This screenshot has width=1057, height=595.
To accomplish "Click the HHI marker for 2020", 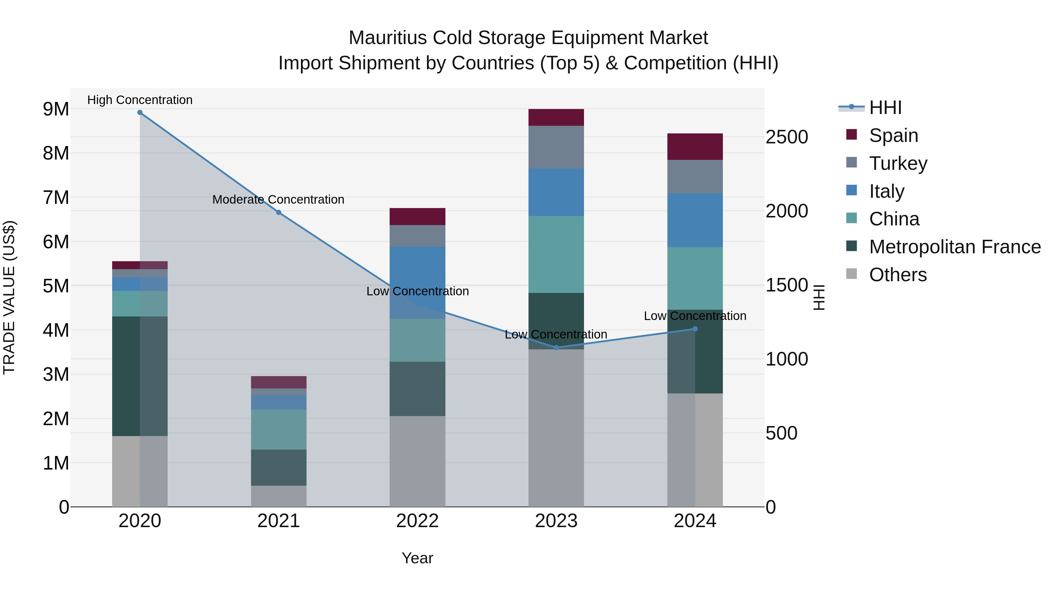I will coord(140,113).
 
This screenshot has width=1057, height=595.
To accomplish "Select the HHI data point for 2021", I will coord(279,212).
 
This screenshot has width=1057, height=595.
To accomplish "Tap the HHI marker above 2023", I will coord(556,348).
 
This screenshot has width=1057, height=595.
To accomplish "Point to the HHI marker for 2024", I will coord(695,329).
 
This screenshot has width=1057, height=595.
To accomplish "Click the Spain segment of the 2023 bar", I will coord(556,118).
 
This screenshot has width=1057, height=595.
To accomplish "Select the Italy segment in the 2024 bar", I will coord(695,220).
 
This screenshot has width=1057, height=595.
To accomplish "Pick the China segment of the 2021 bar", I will coord(279,430).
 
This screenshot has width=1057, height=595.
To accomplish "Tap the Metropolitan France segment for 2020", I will coord(140,376).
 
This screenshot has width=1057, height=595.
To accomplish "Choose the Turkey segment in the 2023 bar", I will coord(556,147).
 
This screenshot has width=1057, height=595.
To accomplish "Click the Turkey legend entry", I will coord(898,163).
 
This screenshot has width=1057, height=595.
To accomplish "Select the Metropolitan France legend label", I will coord(955,247).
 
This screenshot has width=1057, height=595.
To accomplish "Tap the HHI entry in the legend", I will coord(885,108).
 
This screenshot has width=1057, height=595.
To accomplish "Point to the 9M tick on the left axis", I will coord(56,109).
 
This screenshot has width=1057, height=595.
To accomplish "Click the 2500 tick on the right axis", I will coord(787,137).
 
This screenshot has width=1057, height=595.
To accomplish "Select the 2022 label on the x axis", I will coord(417,521).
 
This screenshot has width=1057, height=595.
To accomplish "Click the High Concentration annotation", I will coord(140,100).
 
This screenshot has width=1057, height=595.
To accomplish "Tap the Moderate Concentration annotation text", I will coord(278,200).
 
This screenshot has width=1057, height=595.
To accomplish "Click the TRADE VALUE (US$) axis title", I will coord(9,297).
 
